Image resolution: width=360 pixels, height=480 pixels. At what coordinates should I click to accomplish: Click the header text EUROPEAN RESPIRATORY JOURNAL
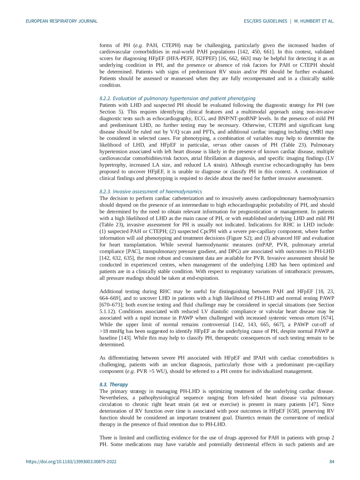click(61, 21)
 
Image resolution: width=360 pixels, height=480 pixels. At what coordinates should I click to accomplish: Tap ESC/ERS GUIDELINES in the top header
click(265, 21)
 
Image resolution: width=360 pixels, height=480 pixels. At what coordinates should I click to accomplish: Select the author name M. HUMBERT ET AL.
click(314, 21)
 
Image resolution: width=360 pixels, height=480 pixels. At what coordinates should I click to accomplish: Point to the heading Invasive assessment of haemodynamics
click(157, 192)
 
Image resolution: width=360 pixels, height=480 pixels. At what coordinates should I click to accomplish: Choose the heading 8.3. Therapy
click(114, 385)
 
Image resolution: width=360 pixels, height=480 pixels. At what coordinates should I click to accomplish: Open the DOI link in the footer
click(71, 462)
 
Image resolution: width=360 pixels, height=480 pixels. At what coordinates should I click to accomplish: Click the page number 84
click(332, 462)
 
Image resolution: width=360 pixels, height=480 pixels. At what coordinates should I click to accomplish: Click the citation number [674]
click(327, 318)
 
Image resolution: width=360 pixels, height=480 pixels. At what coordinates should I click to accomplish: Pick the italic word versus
click(220, 145)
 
